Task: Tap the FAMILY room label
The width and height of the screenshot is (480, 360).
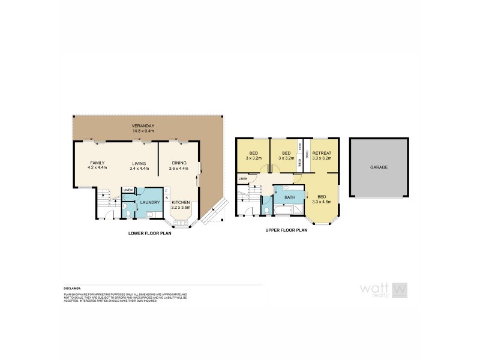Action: tap(97, 163)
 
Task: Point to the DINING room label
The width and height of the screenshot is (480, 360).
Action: tap(179, 163)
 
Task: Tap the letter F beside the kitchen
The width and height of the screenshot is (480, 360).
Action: tap(166, 191)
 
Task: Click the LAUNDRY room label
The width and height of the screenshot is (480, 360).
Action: tap(149, 202)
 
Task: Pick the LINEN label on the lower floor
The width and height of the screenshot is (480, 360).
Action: tap(127, 190)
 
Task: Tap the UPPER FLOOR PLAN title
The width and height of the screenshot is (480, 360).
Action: tap(286, 230)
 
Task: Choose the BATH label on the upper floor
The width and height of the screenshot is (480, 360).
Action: tap(289, 197)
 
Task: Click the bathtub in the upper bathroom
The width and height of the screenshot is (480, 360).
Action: tap(289, 210)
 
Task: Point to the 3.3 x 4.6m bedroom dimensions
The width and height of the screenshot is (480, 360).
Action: tap(323, 202)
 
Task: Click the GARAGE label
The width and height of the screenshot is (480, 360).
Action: tap(379, 167)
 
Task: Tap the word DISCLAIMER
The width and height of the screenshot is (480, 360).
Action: tap(72, 289)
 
